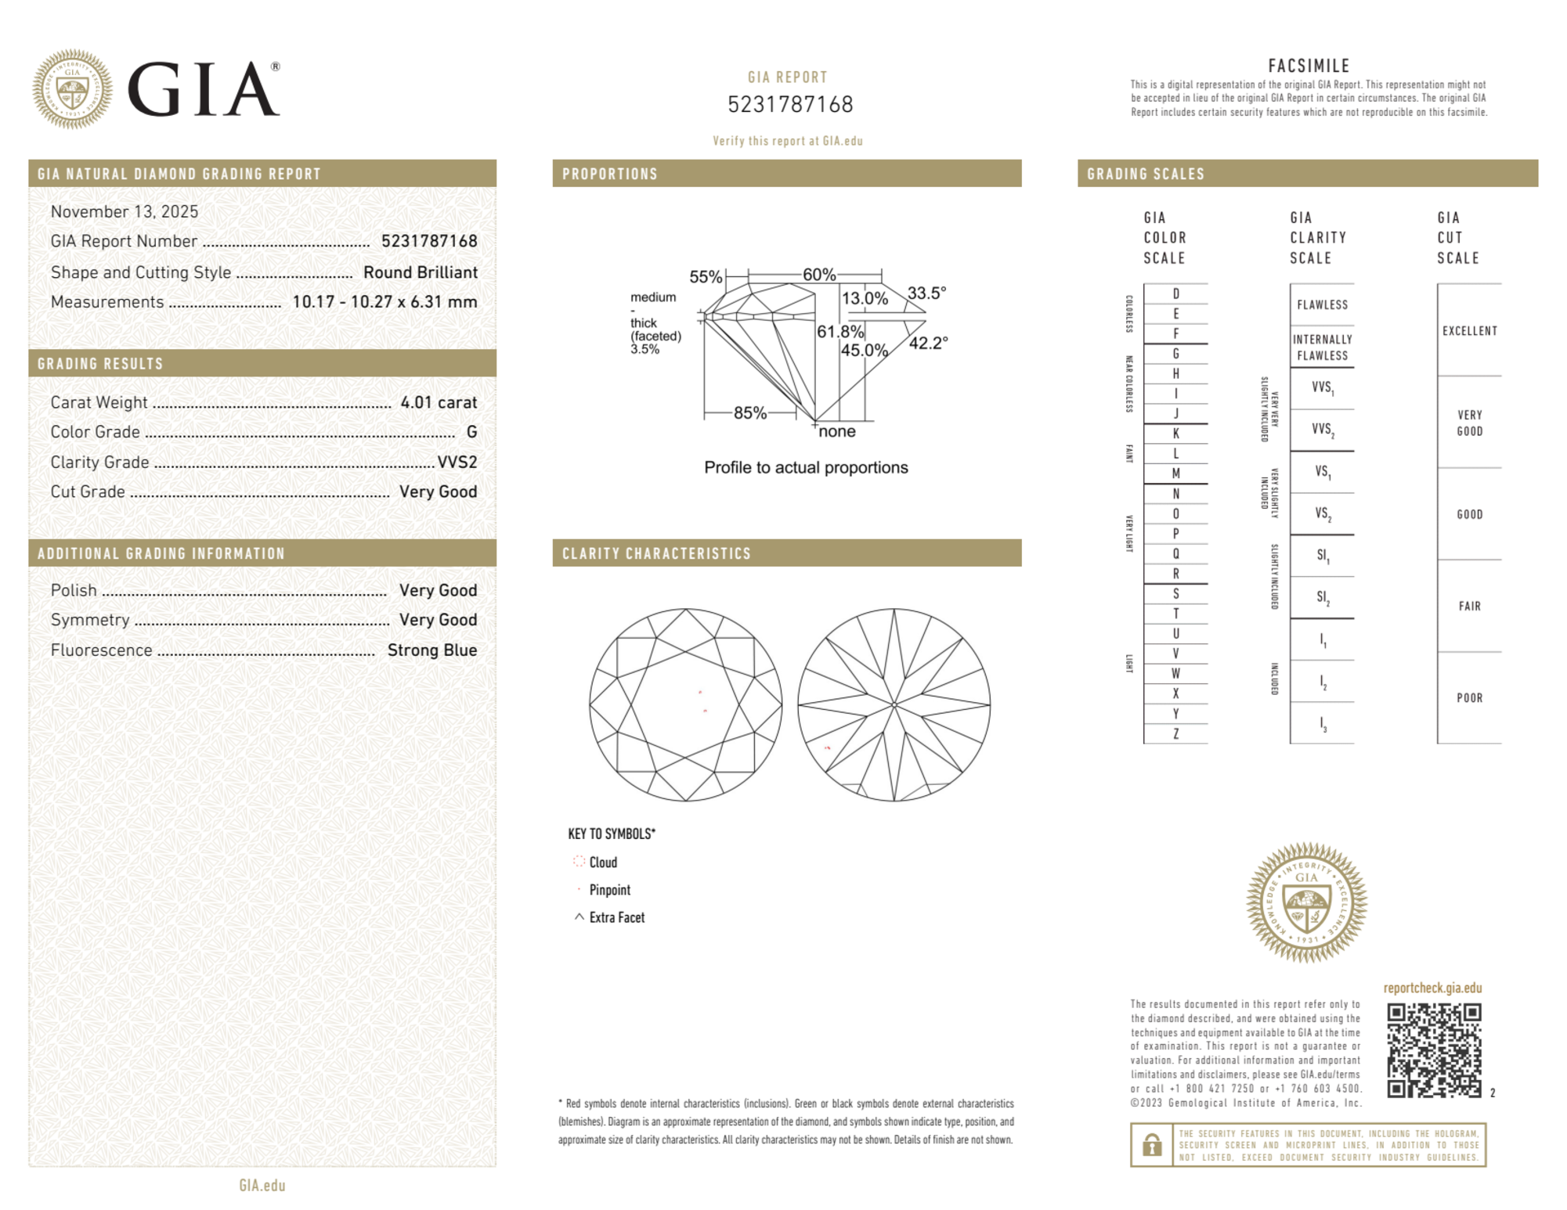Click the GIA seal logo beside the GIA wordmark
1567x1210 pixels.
pyautogui.click(x=72, y=89)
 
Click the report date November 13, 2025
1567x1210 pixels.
pyautogui.click(x=125, y=211)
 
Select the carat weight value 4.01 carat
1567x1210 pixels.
pyautogui.click(x=438, y=402)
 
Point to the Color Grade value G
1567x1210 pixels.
pyautogui.click(x=471, y=432)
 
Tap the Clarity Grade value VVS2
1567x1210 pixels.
pyautogui.click(x=457, y=462)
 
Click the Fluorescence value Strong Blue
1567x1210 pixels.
pyautogui.click(x=431, y=650)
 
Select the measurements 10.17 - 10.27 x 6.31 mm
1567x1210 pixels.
pyautogui.click(x=384, y=302)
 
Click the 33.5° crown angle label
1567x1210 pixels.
pyautogui.click(x=926, y=293)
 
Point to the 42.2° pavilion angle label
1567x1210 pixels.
pyautogui.click(x=928, y=343)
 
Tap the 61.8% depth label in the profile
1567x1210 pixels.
pyautogui.click(x=839, y=332)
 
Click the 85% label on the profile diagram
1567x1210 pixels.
pyautogui.click(x=749, y=412)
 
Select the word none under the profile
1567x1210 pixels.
pyautogui.click(x=836, y=431)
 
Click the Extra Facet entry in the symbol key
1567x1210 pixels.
pyautogui.click(x=616, y=917)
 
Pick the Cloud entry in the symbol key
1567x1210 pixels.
pyautogui.click(x=602, y=862)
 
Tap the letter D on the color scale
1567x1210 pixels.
pyautogui.click(x=1175, y=293)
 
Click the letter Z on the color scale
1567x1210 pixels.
pyautogui.click(x=1175, y=733)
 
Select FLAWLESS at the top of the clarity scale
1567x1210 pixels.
pyautogui.click(x=1322, y=304)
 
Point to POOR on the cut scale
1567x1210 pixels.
pyautogui.click(x=1469, y=697)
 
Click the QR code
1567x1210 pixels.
pyautogui.click(x=1433, y=1050)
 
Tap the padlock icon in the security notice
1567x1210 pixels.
pyautogui.click(x=1151, y=1145)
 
